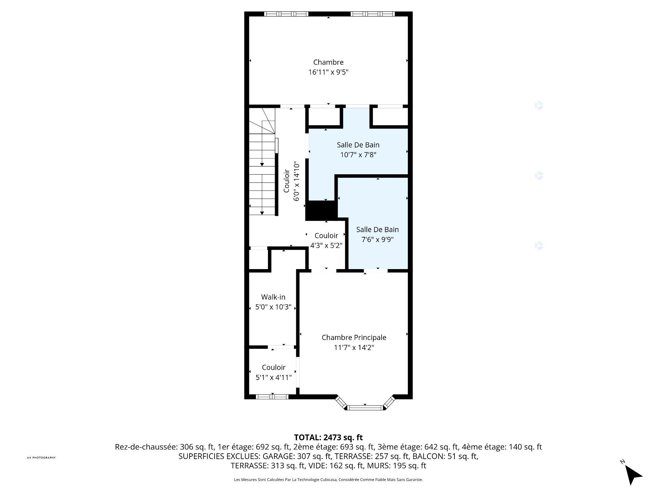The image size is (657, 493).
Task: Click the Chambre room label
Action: pos(328,62)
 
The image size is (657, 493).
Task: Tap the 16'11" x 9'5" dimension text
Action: pos(328,72)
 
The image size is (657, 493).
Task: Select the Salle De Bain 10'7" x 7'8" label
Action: pos(358,150)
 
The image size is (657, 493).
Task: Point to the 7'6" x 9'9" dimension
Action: pos(377,240)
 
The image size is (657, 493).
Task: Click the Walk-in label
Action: pos(273,297)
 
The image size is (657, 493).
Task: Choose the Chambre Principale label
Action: pos(354,338)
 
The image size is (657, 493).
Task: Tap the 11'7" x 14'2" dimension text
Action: pos(354,348)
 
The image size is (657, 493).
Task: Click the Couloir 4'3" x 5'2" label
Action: pos(326,240)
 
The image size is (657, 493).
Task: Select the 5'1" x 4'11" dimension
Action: pos(273,378)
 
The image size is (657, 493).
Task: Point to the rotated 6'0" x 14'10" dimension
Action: pos(297,181)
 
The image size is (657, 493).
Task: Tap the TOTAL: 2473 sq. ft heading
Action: pos(328,438)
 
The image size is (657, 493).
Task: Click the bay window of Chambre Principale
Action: pos(365,405)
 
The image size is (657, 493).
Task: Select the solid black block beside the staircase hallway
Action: pos(321,211)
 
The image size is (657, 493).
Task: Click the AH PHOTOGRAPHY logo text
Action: pos(41,458)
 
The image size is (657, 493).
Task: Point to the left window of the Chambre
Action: pos(286,14)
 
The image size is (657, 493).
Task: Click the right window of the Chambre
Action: pos(372,14)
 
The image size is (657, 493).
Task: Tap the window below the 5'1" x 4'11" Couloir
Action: pos(272,397)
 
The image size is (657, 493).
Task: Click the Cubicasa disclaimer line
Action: pos(328,480)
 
